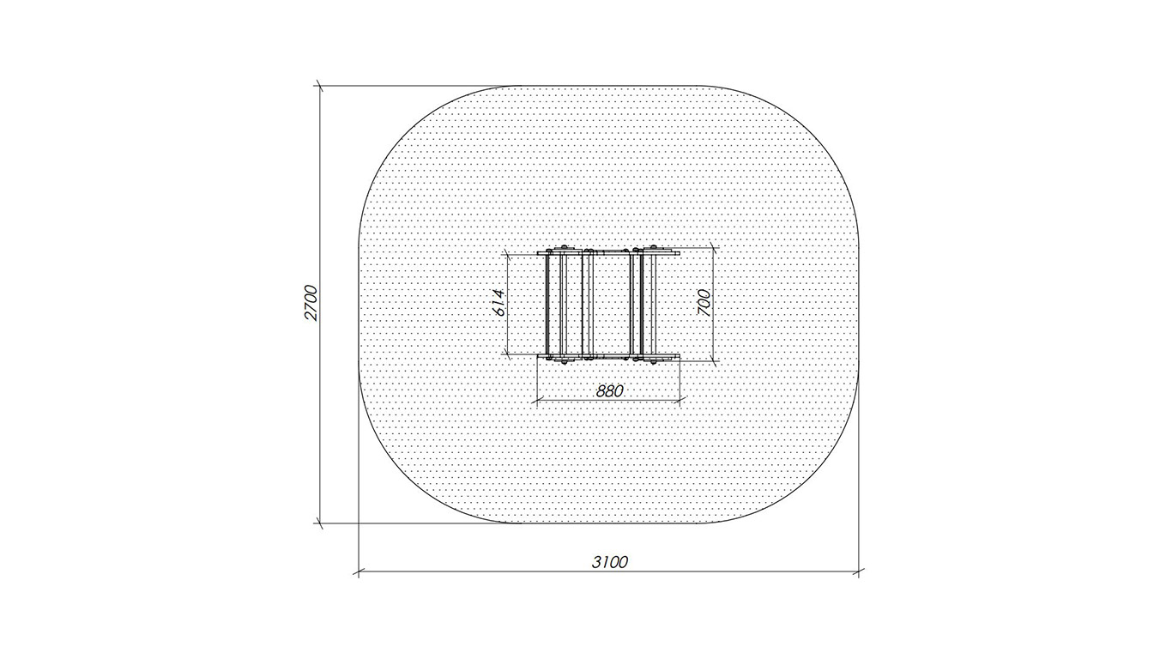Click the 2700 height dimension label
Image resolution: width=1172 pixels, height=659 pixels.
[x=311, y=303]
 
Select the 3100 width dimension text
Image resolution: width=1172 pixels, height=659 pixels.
[x=609, y=562]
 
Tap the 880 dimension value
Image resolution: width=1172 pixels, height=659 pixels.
[x=610, y=391]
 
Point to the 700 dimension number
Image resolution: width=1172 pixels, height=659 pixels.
[x=704, y=303]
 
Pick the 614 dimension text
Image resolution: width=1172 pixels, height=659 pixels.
[x=499, y=303]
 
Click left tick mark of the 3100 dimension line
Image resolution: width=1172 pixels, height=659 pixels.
[x=359, y=571]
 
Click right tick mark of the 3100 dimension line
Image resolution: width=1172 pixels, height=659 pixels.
[x=859, y=571]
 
